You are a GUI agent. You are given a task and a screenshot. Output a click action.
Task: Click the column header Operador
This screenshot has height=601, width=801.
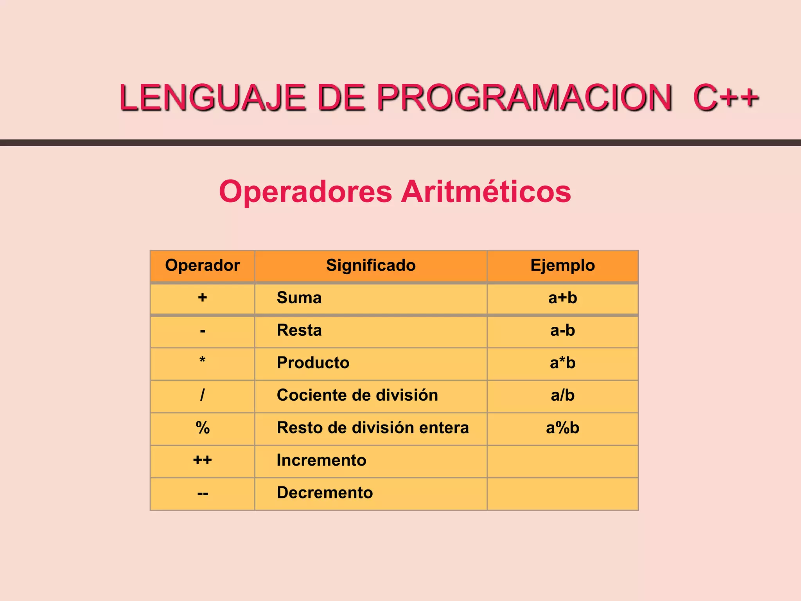point(202,265)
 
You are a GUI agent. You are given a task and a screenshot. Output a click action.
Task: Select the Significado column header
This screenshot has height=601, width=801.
point(371,265)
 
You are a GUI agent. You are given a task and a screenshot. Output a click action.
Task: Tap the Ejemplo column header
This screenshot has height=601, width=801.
point(562,265)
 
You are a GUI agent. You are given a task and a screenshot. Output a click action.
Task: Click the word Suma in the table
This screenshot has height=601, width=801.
point(299,298)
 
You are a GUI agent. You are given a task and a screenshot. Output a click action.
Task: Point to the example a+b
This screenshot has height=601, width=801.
point(562,298)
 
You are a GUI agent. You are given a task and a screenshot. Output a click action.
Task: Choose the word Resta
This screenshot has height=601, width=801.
point(299,330)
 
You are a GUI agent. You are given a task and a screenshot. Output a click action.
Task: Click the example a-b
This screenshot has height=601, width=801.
point(562,330)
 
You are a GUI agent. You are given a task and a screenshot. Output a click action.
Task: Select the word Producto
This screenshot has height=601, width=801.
point(313,363)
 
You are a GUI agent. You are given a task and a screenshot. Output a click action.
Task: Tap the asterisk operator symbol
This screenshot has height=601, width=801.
point(202,360)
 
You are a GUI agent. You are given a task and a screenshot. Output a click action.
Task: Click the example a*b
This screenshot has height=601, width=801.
point(562,363)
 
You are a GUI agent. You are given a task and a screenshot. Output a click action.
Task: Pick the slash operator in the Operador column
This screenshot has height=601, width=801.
point(202,395)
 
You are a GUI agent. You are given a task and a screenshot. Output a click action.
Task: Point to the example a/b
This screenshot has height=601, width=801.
point(562,395)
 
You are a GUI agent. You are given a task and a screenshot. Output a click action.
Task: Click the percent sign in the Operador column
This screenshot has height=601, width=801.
point(202,428)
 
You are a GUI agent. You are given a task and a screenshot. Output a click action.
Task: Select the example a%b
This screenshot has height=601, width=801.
point(562,428)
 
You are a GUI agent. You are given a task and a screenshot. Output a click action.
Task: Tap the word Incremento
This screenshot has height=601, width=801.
point(321,460)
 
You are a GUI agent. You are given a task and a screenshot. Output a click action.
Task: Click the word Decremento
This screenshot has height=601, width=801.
point(325,493)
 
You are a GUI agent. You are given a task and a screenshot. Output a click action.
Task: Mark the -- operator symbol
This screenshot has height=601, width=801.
point(203,493)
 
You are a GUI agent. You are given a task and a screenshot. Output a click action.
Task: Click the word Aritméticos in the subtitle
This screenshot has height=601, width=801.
point(486,191)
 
